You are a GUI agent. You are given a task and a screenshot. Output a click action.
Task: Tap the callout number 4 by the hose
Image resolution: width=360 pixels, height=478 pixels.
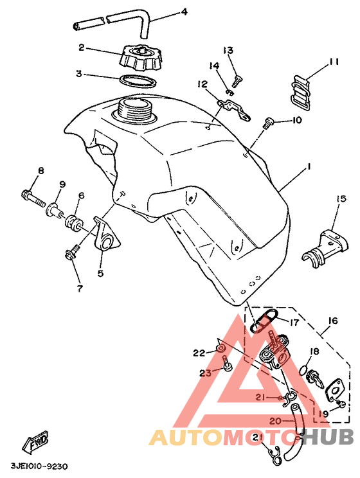184,12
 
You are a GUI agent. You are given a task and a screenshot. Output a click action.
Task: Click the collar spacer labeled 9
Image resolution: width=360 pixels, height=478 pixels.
55,210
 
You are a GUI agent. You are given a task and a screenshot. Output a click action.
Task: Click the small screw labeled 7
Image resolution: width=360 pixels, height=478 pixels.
72,252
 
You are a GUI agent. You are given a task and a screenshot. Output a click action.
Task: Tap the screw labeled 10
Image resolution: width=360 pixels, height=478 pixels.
268,123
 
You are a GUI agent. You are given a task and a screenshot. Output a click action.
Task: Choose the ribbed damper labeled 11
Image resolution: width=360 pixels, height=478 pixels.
300,92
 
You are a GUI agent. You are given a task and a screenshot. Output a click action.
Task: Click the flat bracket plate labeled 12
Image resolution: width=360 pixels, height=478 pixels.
234,111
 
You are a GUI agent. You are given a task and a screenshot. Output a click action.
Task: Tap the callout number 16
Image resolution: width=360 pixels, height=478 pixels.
333,321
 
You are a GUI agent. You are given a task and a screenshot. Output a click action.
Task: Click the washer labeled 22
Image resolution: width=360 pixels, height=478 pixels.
221,348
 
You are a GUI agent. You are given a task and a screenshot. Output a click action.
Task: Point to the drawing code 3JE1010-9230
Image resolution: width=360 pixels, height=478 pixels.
40,466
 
